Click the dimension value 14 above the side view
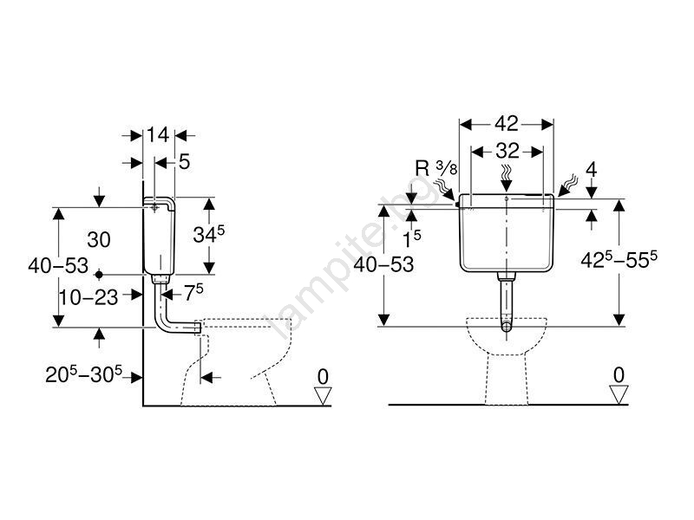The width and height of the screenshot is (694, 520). [158, 135]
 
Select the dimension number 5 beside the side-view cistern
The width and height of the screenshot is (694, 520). [184, 162]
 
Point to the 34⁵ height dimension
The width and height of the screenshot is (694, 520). [209, 234]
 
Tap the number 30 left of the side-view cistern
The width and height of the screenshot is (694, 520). [99, 240]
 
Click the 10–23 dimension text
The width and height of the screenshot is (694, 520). [88, 297]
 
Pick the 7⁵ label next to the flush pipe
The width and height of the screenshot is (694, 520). [193, 293]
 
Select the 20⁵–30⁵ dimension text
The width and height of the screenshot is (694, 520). [83, 375]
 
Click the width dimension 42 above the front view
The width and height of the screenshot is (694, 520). [507, 124]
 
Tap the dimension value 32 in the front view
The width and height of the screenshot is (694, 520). [507, 151]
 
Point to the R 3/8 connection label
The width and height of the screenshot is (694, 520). [436, 168]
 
